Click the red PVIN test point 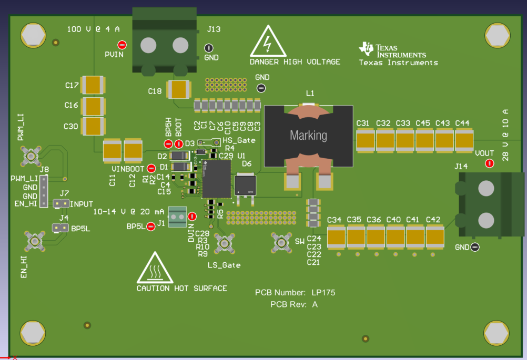coord(122,45)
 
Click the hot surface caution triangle coord(155,269)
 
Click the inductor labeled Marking coord(309,135)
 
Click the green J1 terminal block coord(177,214)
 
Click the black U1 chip coord(216,179)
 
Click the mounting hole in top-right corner coord(496,36)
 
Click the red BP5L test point coord(151,226)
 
